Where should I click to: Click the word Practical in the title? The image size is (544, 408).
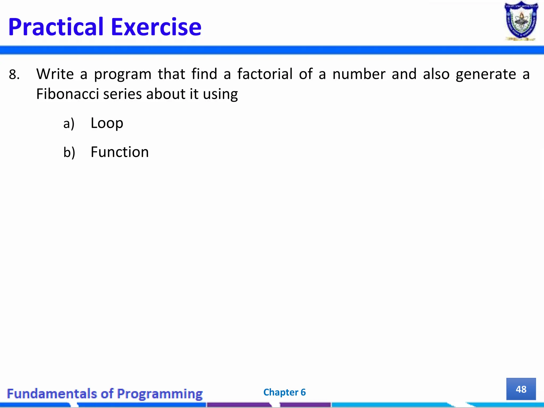(x=56, y=27)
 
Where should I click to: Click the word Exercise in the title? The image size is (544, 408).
(x=156, y=27)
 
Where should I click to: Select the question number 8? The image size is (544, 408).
(x=14, y=75)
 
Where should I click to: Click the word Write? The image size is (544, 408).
(x=55, y=74)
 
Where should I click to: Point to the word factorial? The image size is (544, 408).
(x=265, y=74)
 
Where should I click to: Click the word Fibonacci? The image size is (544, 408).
(x=67, y=94)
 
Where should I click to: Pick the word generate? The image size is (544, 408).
(x=486, y=74)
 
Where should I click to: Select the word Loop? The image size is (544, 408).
(x=107, y=123)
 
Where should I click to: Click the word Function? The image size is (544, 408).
(x=120, y=152)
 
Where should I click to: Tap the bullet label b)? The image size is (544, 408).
(x=69, y=152)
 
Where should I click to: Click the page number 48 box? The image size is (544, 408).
(x=521, y=389)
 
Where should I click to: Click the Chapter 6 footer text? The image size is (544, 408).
(x=284, y=392)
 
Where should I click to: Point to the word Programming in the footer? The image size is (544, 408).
(x=160, y=394)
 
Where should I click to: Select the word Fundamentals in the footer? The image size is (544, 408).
(x=52, y=393)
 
